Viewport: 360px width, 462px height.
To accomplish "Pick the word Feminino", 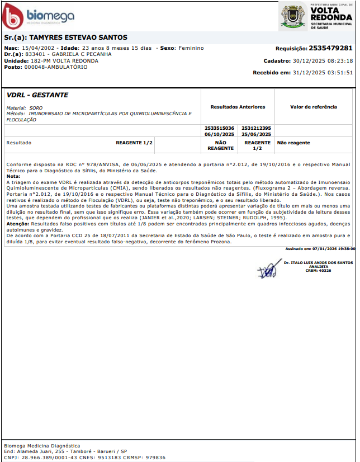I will point(191,48).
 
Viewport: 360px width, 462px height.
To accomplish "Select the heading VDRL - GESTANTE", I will point(37,95).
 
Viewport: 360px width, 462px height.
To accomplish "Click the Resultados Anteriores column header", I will point(238,107).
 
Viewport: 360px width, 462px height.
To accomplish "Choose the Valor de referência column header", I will point(314,107).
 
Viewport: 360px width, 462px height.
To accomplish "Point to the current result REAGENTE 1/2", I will point(134,143).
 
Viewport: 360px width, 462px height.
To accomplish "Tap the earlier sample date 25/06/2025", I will point(257,134).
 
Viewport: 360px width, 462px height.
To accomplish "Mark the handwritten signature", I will point(271,267).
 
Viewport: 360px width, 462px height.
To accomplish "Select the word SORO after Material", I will point(36,107).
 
